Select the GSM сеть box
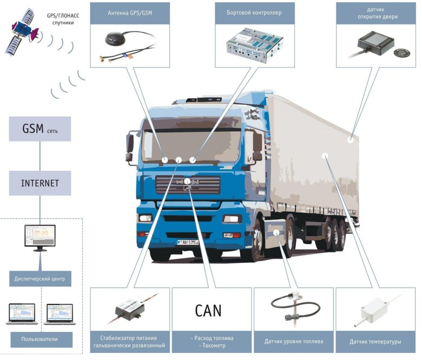[x=40, y=130]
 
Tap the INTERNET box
[x=40, y=183]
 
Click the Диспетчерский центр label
[x=40, y=279]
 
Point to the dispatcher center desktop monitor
[x=40, y=237]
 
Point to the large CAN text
[x=208, y=311]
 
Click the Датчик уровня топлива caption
[x=294, y=342]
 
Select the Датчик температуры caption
[x=375, y=342]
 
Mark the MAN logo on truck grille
[x=187, y=182]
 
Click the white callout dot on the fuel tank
[x=276, y=232]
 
